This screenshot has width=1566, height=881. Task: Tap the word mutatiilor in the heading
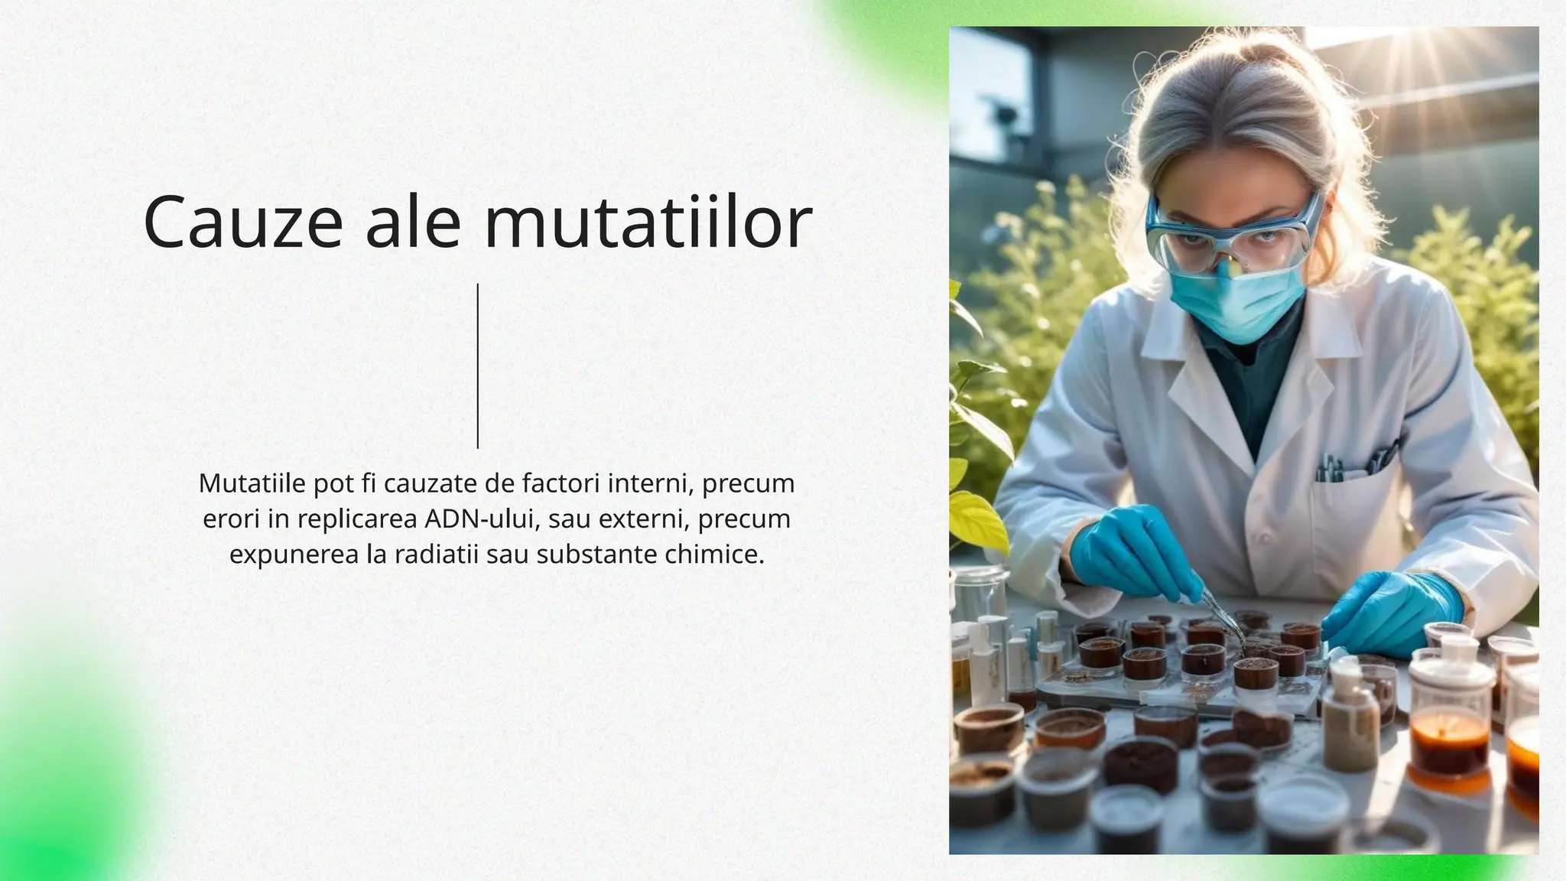click(x=648, y=223)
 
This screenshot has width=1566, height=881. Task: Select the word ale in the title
click(x=413, y=223)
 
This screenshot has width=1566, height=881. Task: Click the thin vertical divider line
click(x=478, y=366)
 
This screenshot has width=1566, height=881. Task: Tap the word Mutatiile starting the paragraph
click(x=252, y=483)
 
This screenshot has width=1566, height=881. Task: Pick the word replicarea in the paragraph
click(x=357, y=519)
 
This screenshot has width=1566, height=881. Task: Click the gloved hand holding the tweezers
click(x=1128, y=551)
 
